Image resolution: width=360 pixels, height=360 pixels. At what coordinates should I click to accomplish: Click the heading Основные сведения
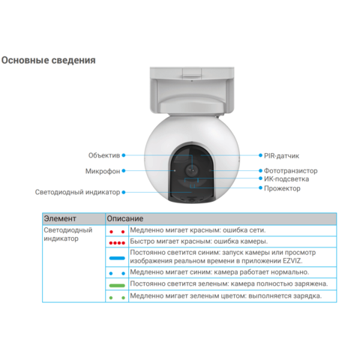pyautogui.click(x=49, y=61)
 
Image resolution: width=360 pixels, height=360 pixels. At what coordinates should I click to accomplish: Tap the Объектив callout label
pyautogui.click(x=104, y=155)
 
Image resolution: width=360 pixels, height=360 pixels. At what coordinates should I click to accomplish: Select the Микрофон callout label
pyautogui.click(x=103, y=171)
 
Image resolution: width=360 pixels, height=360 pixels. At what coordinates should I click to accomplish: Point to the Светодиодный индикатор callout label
pyautogui.click(x=77, y=192)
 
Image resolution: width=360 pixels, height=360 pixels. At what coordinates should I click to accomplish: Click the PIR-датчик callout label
pyautogui.click(x=281, y=156)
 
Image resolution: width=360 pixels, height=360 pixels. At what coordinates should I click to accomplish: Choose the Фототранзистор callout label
pyautogui.click(x=291, y=171)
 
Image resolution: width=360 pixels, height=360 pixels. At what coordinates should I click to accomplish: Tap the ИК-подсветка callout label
pyautogui.click(x=286, y=179)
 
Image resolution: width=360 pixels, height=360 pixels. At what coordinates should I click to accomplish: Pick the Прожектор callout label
pyautogui.click(x=282, y=188)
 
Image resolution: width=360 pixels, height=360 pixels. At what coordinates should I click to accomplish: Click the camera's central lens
pyautogui.click(x=192, y=170)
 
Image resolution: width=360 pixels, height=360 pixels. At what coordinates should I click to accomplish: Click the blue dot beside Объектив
pyautogui.click(x=124, y=155)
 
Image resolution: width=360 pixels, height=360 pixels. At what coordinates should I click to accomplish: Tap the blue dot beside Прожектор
pyautogui.click(x=260, y=187)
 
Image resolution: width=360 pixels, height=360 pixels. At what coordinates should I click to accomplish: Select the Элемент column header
pyautogui.click(x=60, y=219)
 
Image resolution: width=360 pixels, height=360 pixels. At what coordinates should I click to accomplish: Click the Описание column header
pyautogui.click(x=125, y=219)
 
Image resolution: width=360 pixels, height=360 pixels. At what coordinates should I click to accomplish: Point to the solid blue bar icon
pyautogui.click(x=117, y=258)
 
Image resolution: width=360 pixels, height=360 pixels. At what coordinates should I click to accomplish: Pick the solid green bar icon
pyautogui.click(x=117, y=286)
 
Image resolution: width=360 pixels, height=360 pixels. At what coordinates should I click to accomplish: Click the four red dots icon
pyautogui.click(x=117, y=243)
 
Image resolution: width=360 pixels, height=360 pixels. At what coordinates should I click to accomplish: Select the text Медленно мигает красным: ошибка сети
pyautogui.click(x=198, y=230)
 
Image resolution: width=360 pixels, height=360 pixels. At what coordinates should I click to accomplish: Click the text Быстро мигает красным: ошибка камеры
pyautogui.click(x=199, y=241)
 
